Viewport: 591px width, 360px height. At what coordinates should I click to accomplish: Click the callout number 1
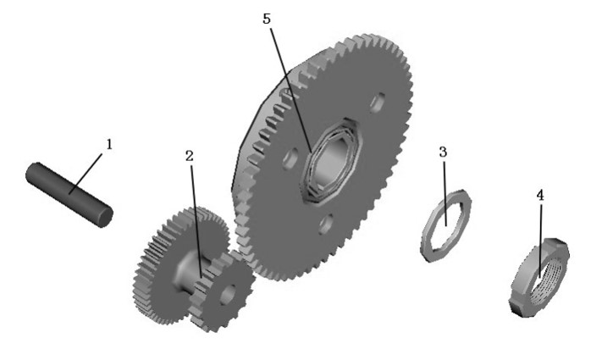109,144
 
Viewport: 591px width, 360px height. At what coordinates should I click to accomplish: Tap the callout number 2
189,156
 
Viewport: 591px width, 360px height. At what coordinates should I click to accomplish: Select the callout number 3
443,152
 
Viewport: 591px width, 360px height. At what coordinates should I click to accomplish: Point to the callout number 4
540,196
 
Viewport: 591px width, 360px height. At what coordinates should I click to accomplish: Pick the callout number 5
267,19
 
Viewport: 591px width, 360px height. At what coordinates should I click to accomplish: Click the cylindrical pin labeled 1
69,194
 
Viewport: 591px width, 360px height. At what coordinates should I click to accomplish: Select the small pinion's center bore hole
228,294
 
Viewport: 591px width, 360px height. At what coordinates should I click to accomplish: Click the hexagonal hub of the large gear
332,161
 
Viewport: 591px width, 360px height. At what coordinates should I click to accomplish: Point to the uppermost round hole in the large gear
377,102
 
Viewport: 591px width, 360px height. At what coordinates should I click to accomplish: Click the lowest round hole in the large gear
325,224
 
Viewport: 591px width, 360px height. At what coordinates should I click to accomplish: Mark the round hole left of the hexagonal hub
290,158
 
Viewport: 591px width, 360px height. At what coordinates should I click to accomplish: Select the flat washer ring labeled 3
445,225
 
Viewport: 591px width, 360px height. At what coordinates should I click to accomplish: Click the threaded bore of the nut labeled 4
546,278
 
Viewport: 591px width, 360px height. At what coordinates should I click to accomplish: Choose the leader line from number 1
86,174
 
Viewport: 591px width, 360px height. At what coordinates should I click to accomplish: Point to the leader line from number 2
196,221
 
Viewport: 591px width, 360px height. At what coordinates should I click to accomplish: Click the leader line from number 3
445,193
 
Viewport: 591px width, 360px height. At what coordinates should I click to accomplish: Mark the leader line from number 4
541,241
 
